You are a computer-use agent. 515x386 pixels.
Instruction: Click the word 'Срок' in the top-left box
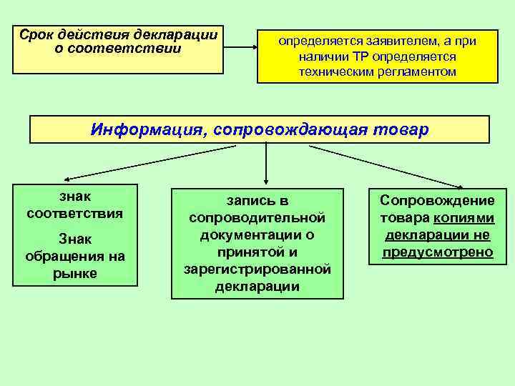pyautogui.click(x=36, y=35)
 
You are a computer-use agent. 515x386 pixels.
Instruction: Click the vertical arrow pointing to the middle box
pyautogui.click(x=266, y=164)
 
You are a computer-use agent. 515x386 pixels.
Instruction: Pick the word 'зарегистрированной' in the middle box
pyautogui.click(x=257, y=269)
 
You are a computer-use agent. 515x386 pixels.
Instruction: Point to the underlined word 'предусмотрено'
pyautogui.click(x=437, y=252)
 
